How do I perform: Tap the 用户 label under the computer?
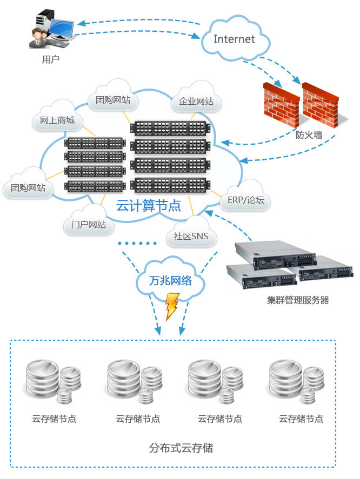(50, 59)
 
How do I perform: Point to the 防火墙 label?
(309, 134)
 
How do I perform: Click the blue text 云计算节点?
(148, 206)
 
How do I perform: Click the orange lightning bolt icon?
(171, 306)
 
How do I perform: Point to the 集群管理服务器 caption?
(298, 300)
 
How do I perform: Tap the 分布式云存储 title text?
(181, 448)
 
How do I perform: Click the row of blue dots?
(138, 243)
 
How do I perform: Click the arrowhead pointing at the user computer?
(81, 23)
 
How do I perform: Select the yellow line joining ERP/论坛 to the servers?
(216, 193)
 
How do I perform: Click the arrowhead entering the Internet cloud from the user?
(196, 36)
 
